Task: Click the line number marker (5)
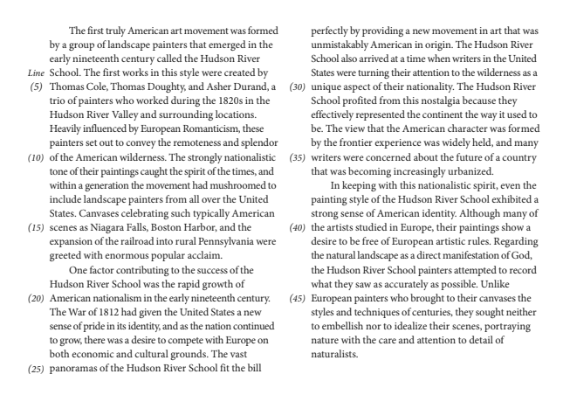tap(37, 88)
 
